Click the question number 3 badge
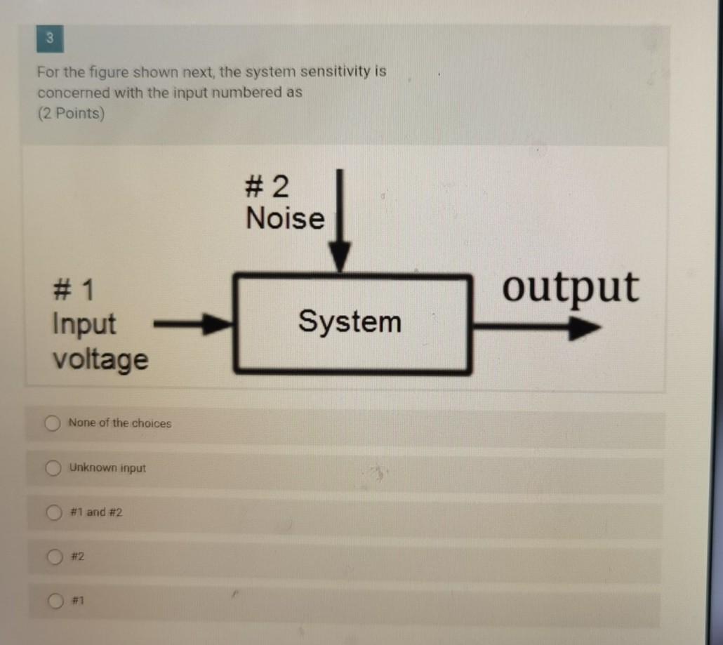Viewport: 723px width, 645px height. tap(49, 39)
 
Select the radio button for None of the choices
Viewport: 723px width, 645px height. tap(51, 423)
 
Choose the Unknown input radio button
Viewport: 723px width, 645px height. tap(51, 467)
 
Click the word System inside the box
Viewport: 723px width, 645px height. tap(350, 322)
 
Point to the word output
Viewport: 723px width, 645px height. tap(571, 288)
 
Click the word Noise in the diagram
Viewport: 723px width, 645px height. tap(286, 219)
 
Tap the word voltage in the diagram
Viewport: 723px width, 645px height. tap(100, 360)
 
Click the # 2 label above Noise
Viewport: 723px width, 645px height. tap(267, 187)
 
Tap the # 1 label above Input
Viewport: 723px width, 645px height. tap(74, 289)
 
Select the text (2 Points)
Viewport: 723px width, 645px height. tap(70, 114)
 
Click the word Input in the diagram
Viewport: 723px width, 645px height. tap(84, 324)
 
